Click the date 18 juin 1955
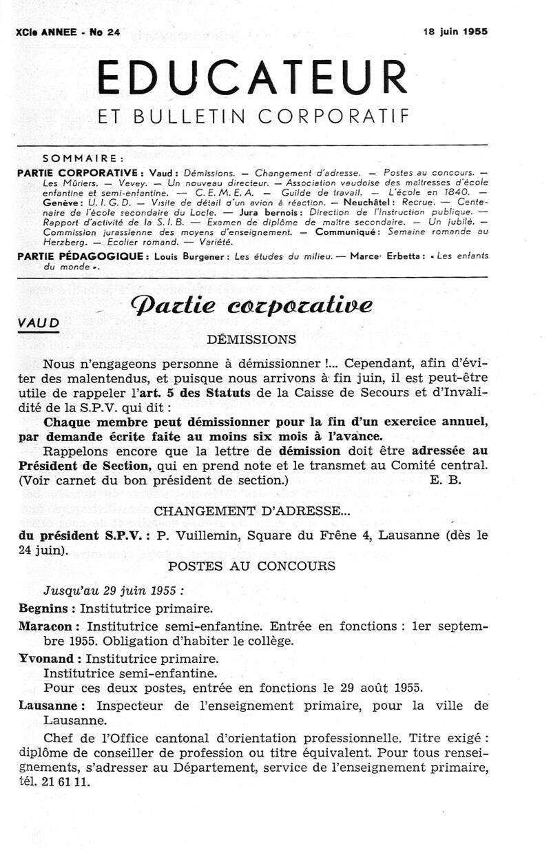tap(455, 30)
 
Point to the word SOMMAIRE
tap(83, 156)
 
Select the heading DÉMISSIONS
tap(251, 339)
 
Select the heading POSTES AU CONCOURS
tap(251, 566)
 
